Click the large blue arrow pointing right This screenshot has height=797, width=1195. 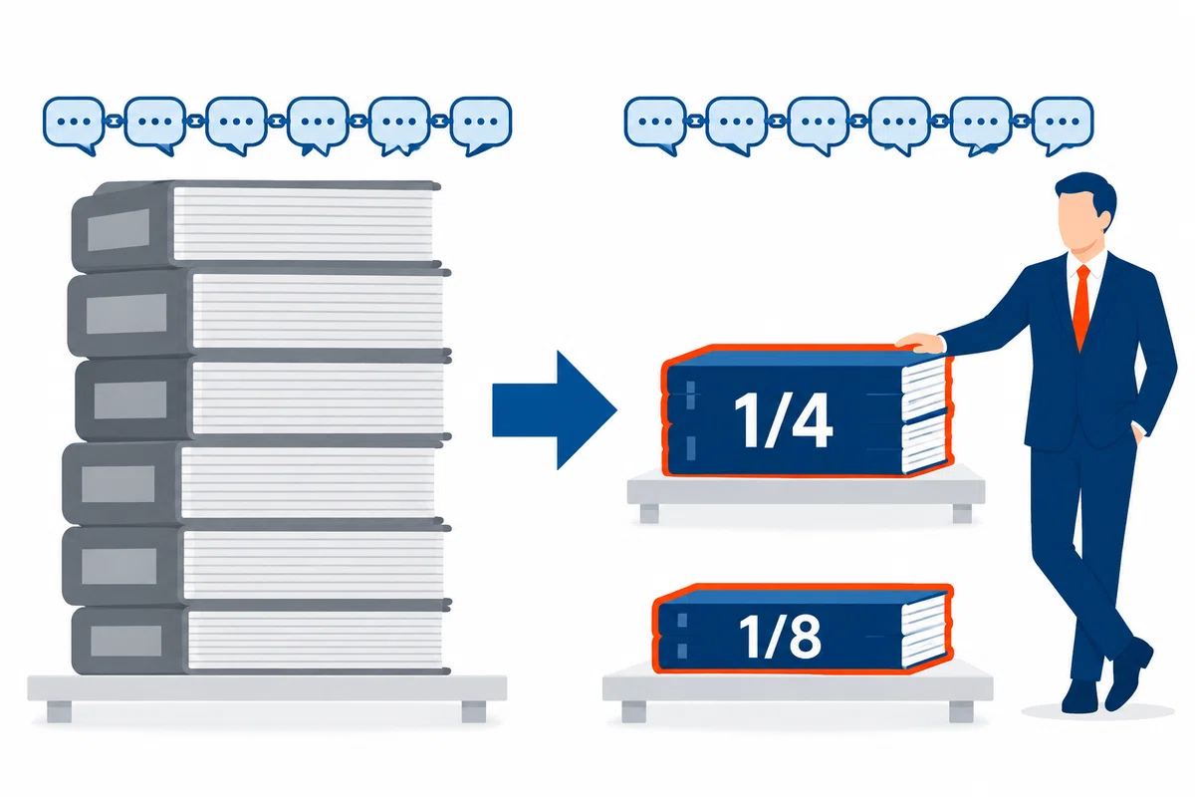pyautogui.click(x=555, y=410)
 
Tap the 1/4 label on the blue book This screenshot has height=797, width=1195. pyautogui.click(x=783, y=420)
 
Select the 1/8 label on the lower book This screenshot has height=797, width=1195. pyautogui.click(x=780, y=637)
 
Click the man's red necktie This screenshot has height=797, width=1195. pyautogui.click(x=1081, y=307)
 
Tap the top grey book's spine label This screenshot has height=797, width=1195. pyautogui.click(x=119, y=229)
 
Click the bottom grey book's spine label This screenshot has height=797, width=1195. pyautogui.click(x=125, y=641)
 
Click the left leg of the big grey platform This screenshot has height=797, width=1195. pyautogui.click(x=59, y=711)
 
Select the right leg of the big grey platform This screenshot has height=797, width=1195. pyautogui.click(x=474, y=711)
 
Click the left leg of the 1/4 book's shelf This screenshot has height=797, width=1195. pyautogui.click(x=649, y=513)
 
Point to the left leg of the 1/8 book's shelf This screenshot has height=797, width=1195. pyautogui.click(x=633, y=711)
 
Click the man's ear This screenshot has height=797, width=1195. pyautogui.click(x=1106, y=220)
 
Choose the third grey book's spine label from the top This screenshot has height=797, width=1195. pyautogui.click(x=130, y=399)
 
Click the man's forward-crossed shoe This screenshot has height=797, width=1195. pyautogui.click(x=1128, y=673)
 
